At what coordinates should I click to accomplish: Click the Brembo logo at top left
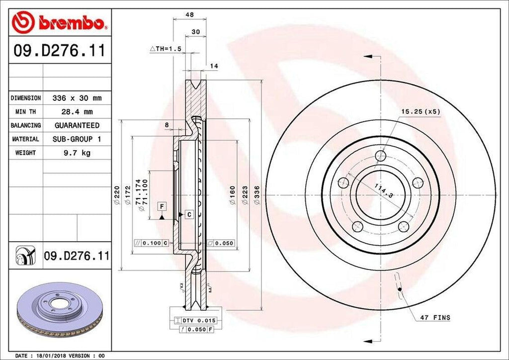(60, 22)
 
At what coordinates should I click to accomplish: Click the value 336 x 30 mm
(77, 98)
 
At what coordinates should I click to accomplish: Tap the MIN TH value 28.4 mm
(77, 112)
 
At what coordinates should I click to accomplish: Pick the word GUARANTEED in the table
(77, 125)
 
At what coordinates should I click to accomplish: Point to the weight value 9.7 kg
(77, 153)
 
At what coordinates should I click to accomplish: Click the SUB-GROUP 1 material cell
(77, 139)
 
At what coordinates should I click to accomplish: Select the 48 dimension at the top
(189, 15)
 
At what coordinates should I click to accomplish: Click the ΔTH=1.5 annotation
(166, 49)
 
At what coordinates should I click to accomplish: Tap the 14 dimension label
(214, 66)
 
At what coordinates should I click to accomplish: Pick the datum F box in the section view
(162, 205)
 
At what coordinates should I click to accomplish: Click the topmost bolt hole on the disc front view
(381, 156)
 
